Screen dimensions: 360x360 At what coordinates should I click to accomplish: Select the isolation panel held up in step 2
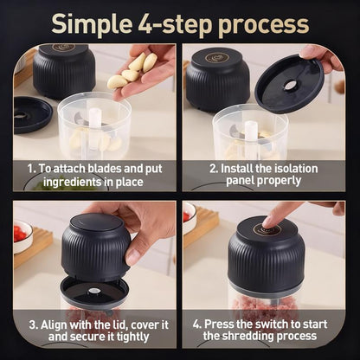pos(289,85)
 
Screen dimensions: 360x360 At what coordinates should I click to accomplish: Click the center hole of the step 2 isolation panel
pos(290,86)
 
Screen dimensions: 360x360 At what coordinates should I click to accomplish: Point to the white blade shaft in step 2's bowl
pos(250,134)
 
